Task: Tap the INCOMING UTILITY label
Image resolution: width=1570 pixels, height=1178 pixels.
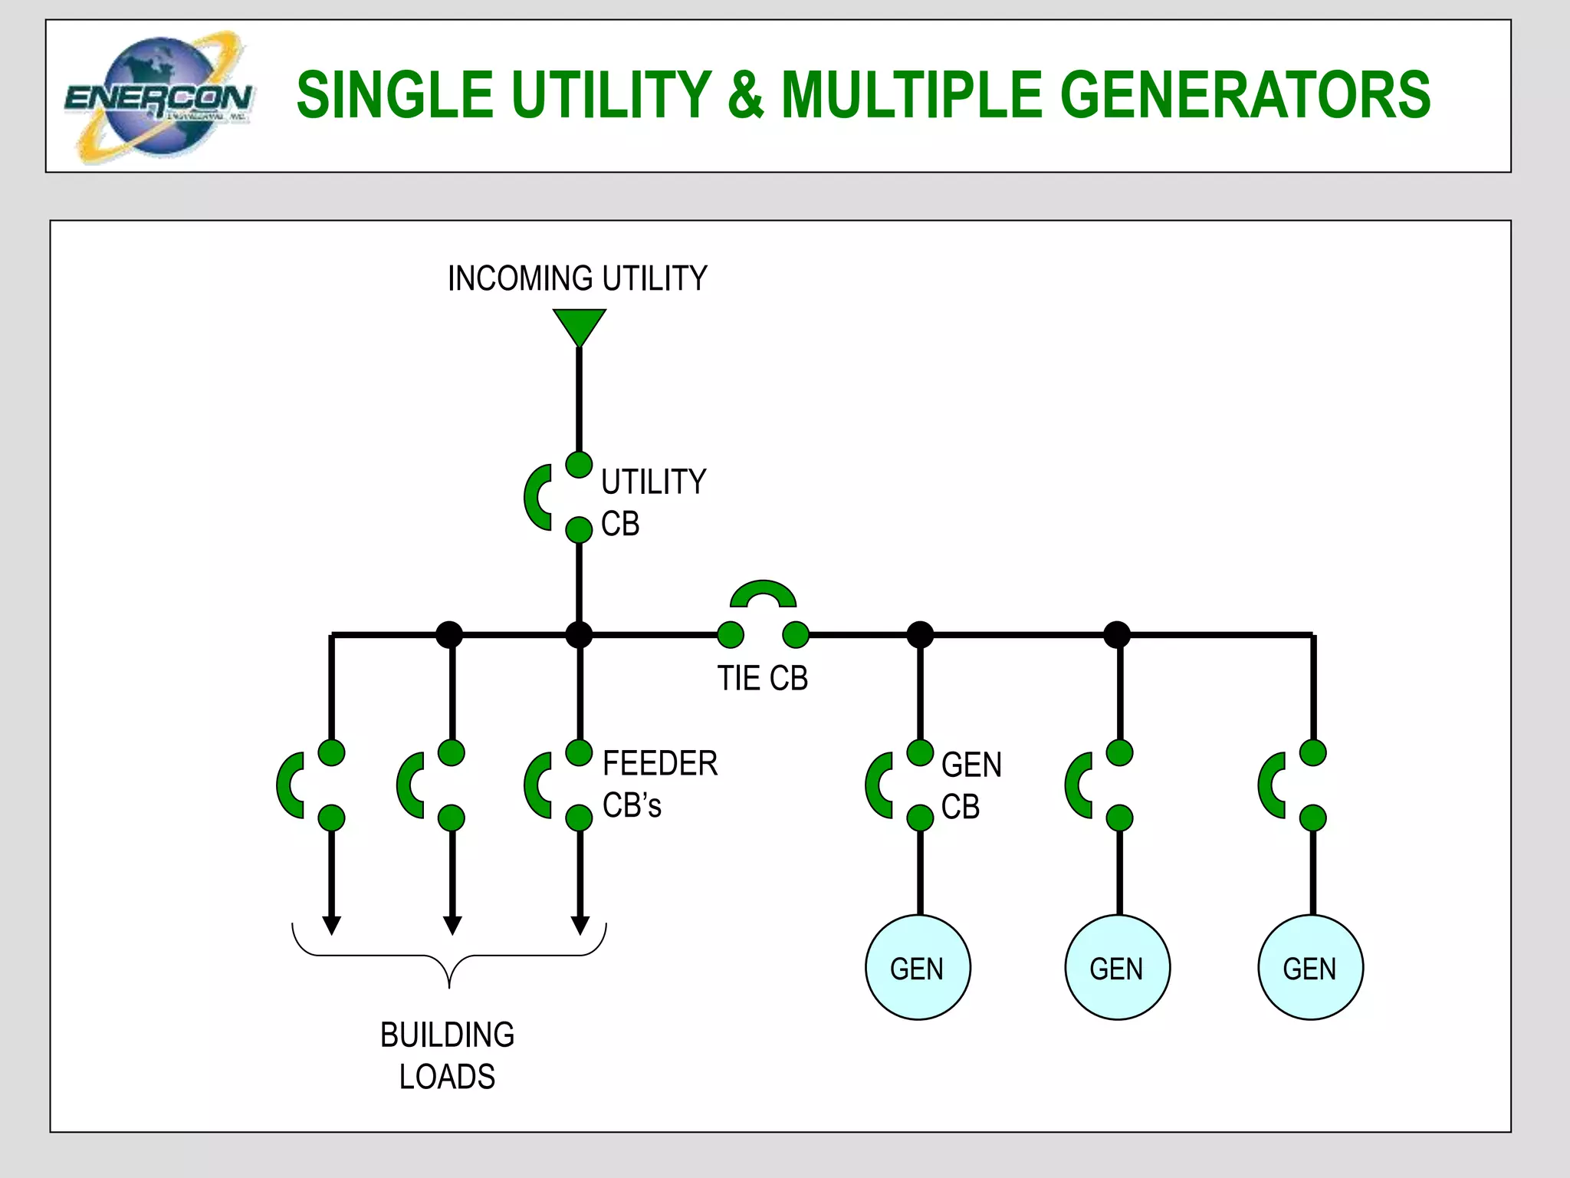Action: (577, 278)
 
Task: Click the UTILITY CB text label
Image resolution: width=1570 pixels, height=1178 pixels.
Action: (652, 502)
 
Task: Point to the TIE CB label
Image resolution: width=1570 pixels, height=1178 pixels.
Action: (762, 679)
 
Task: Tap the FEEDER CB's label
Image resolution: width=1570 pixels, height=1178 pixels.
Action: (659, 784)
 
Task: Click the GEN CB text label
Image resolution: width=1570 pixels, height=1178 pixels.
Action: (971, 785)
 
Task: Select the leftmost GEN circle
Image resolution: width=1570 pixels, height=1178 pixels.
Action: (918, 967)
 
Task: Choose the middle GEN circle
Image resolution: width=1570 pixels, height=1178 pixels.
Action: (1117, 967)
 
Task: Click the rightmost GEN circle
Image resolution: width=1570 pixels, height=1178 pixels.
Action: (1310, 967)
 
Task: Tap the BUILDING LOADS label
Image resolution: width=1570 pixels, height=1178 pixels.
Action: (448, 1055)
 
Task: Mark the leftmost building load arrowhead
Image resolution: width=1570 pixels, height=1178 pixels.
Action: (331, 925)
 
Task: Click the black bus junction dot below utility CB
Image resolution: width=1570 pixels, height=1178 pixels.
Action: (579, 634)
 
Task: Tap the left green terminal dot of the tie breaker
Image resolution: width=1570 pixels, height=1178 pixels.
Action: (731, 634)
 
